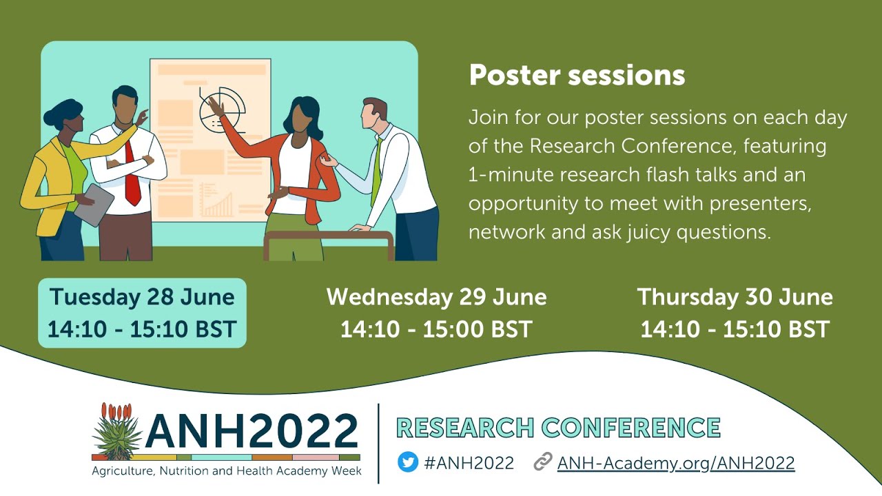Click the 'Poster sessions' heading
(x=577, y=75)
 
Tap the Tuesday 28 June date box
(x=142, y=313)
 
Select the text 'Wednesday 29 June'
(x=436, y=297)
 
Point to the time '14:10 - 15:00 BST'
(x=436, y=329)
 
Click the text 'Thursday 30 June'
(x=735, y=297)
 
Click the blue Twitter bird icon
(x=408, y=462)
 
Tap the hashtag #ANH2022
(x=469, y=463)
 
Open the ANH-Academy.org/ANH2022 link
(x=675, y=463)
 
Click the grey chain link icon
(x=543, y=462)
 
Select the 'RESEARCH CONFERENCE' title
(x=558, y=427)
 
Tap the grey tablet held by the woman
(x=94, y=205)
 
